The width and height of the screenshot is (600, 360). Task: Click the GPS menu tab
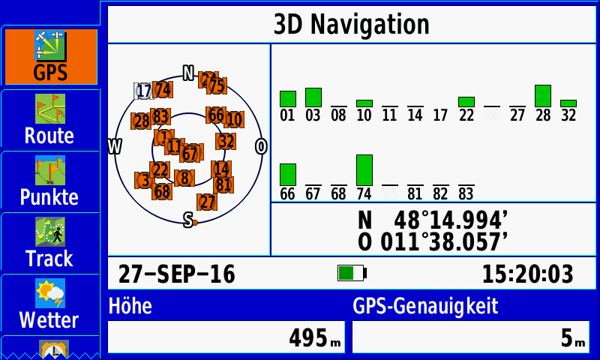pos(50,57)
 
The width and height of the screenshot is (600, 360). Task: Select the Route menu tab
pos(49,119)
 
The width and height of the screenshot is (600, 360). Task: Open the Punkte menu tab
pos(49,181)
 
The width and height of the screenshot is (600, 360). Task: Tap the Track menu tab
pos(49,242)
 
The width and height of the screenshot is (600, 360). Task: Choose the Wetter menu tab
pos(49,304)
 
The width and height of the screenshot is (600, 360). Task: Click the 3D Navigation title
pos(351,24)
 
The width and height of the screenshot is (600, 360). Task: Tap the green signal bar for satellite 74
pos(364,170)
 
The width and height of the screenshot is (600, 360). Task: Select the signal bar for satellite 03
pos(313,97)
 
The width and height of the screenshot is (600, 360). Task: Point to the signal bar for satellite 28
pos(543,96)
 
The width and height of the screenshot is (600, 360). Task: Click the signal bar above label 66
pos(288,175)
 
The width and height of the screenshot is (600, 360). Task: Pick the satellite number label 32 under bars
pos(568,115)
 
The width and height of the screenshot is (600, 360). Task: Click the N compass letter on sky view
pos(189,73)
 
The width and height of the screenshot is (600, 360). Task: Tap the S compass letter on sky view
pos(188,218)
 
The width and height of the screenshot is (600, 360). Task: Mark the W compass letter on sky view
pos(115,146)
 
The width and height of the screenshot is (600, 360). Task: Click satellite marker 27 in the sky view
pos(207,202)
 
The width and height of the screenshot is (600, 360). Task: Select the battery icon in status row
pos(351,274)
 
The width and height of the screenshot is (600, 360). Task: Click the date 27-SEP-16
pos(176,274)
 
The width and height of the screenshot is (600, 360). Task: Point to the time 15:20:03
pos(527,274)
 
